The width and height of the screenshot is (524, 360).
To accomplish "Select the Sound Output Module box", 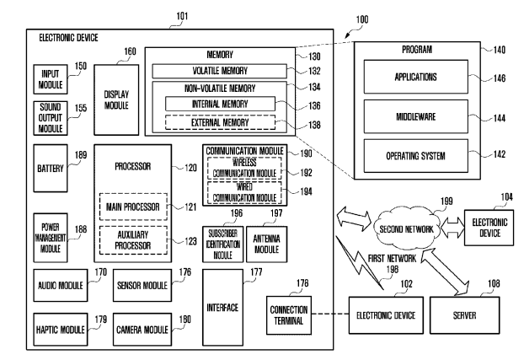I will click(x=48, y=117).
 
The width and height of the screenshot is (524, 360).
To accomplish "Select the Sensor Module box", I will click(x=142, y=287).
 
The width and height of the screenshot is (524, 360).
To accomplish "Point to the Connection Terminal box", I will click(x=289, y=309).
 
